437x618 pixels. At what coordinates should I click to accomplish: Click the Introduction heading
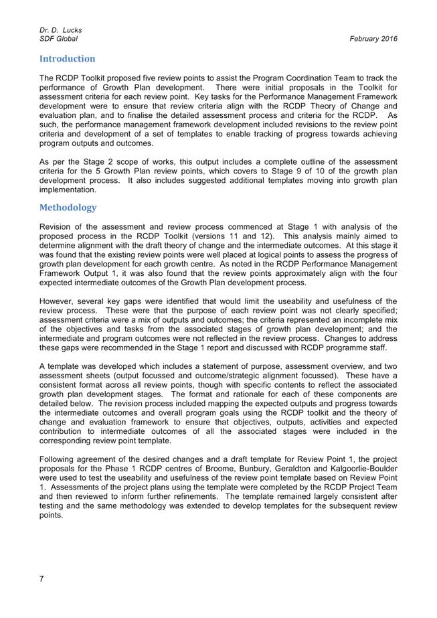pyautogui.click(x=67, y=59)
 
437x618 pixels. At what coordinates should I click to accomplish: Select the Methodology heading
pyautogui.click(x=68, y=208)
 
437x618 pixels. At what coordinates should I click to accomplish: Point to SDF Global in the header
pyautogui.click(x=58, y=39)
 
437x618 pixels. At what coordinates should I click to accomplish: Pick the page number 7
pyautogui.click(x=42, y=579)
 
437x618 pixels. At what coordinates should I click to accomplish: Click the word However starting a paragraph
pyautogui.click(x=60, y=301)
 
